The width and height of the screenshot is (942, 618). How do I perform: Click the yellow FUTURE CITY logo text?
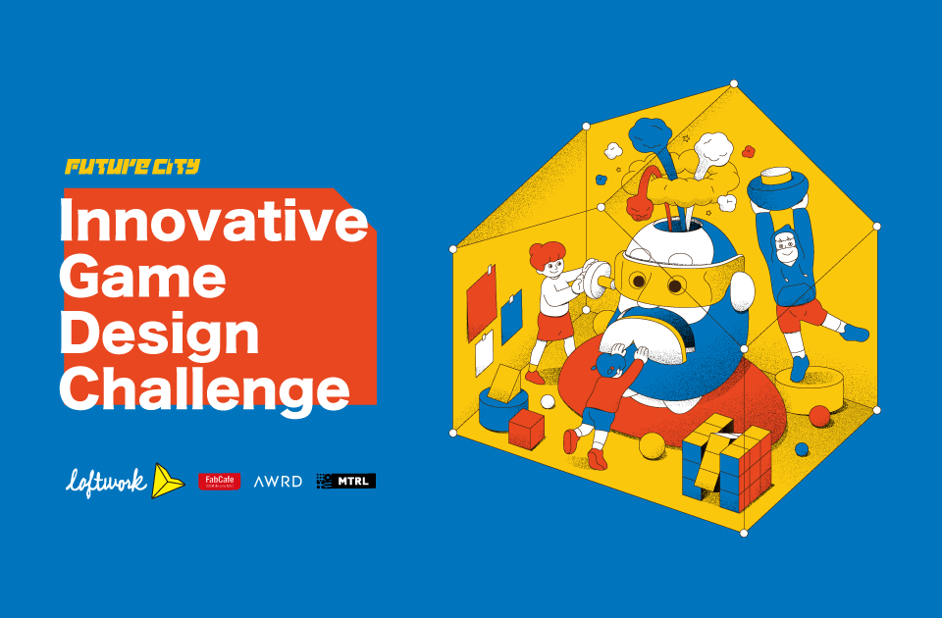pyautogui.click(x=132, y=167)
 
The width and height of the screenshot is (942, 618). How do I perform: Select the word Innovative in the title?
pyautogui.click(x=213, y=222)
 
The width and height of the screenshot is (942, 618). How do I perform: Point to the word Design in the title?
pyautogui.click(x=159, y=335)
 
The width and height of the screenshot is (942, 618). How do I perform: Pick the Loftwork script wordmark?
pyautogui.click(x=106, y=481)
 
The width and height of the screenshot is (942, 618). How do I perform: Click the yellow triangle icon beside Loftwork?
pyautogui.click(x=168, y=480)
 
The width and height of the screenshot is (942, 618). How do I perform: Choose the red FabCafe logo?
pyautogui.click(x=219, y=481)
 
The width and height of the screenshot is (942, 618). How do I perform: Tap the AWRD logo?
pyautogui.click(x=278, y=482)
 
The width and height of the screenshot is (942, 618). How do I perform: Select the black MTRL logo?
pyautogui.click(x=346, y=481)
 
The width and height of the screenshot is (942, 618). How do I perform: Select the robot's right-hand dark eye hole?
pyautogui.click(x=678, y=285)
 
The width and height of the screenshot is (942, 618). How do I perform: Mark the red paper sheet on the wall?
pyautogui.click(x=482, y=300)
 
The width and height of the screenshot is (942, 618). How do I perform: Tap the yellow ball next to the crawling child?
pyautogui.click(x=650, y=446)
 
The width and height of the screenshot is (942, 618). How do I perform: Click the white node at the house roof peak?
pyautogui.click(x=733, y=82)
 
